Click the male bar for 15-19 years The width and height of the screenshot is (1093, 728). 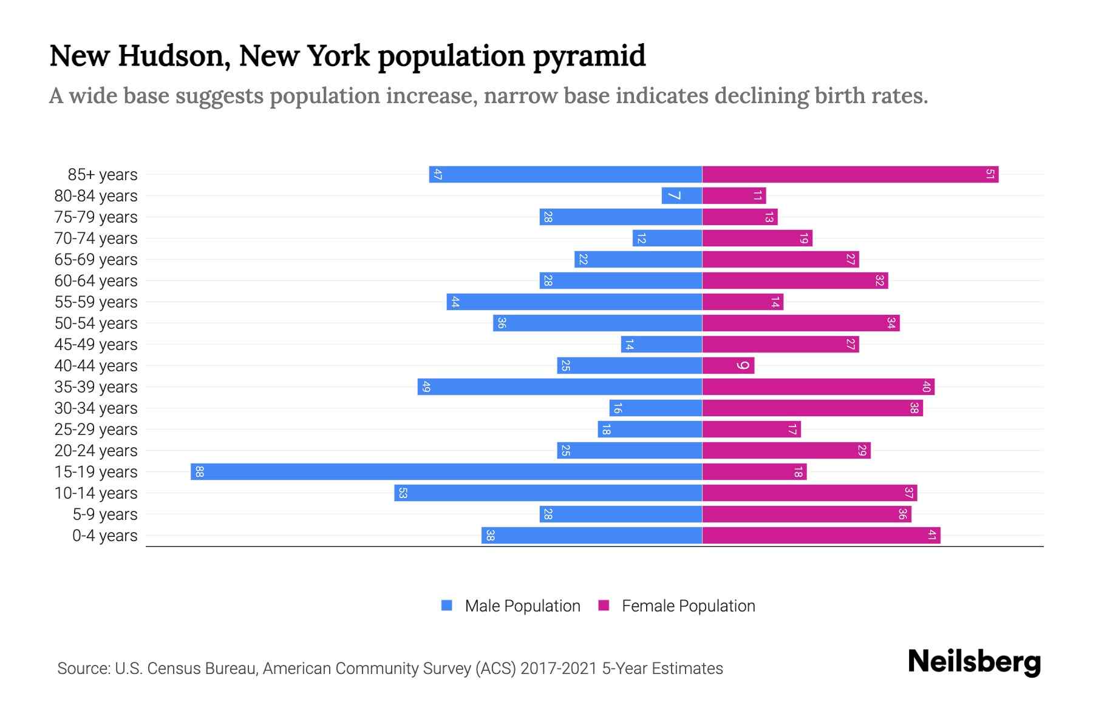[x=446, y=471]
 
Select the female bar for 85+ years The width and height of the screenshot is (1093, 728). [x=850, y=174]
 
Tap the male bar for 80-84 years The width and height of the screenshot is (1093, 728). [x=682, y=195]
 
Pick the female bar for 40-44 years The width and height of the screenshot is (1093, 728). [x=728, y=365]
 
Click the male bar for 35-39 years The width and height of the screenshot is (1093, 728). [x=560, y=386]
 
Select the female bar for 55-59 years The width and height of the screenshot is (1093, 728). [x=743, y=302]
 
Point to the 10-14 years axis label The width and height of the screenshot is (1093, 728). [x=96, y=493]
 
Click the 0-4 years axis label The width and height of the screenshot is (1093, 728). [x=104, y=536]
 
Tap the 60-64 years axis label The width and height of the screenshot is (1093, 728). [x=96, y=281]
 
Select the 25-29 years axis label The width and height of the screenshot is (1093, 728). [x=96, y=430]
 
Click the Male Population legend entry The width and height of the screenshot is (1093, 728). [x=511, y=605]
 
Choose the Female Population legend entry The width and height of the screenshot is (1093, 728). [x=677, y=605]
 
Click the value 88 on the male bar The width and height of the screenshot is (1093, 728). [x=199, y=472]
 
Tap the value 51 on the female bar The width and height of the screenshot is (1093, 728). [x=990, y=174]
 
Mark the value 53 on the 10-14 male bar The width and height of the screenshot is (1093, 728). [x=403, y=493]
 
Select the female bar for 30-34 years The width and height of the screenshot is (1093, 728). [x=812, y=408]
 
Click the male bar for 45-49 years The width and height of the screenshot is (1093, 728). [x=661, y=344]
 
